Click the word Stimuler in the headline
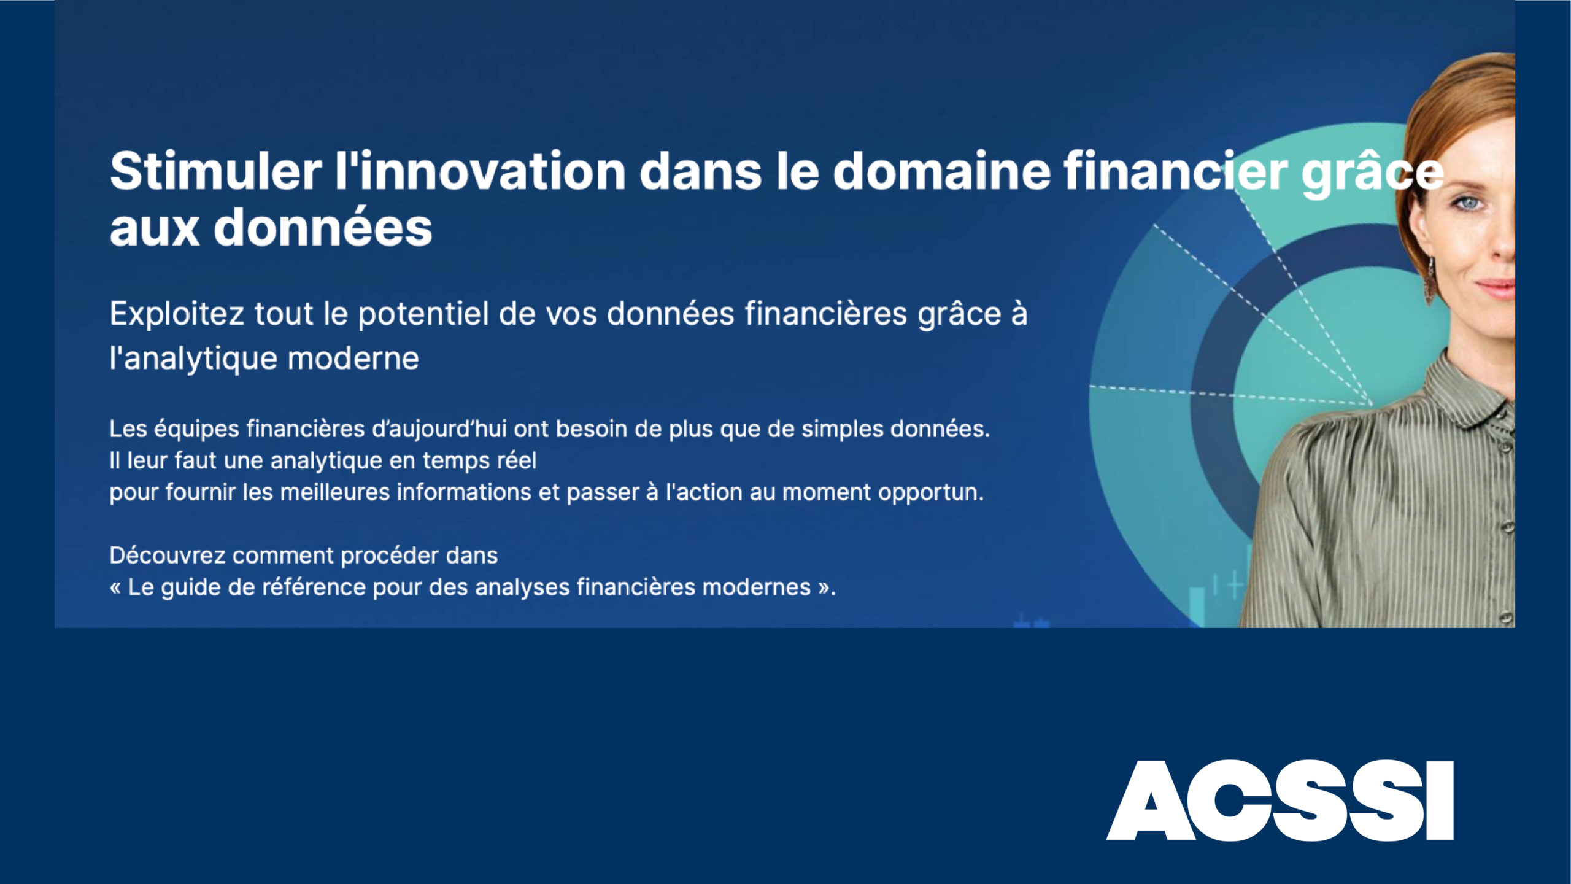(x=215, y=171)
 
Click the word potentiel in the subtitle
(x=423, y=314)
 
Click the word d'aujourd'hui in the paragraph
(x=439, y=429)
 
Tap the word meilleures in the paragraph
(x=335, y=492)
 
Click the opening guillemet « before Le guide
(x=115, y=588)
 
